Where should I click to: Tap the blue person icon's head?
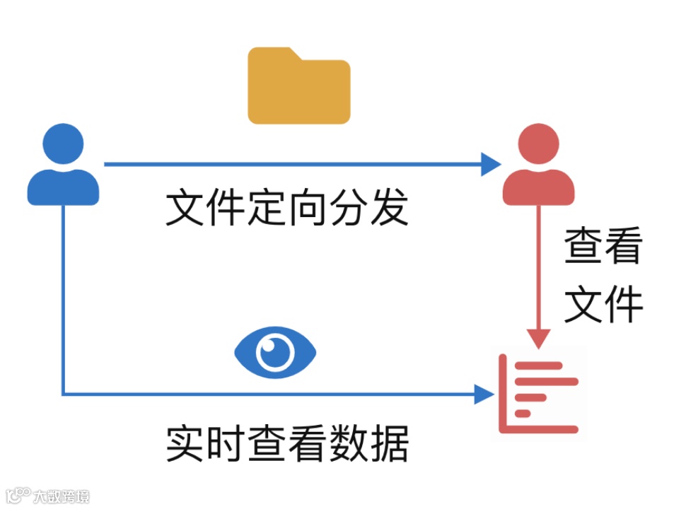pos(62,145)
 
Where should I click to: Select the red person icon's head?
pos(538,145)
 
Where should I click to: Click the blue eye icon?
pos(275,351)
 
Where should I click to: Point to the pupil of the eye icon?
pos(275,351)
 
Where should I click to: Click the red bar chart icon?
pos(540,394)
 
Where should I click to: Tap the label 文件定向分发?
pos(287,208)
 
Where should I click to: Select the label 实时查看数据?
pos(287,443)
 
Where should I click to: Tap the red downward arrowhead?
pos(539,339)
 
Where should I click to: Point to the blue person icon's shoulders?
pos(63,187)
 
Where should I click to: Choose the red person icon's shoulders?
pos(538,187)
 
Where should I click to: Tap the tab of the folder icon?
pos(272,54)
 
